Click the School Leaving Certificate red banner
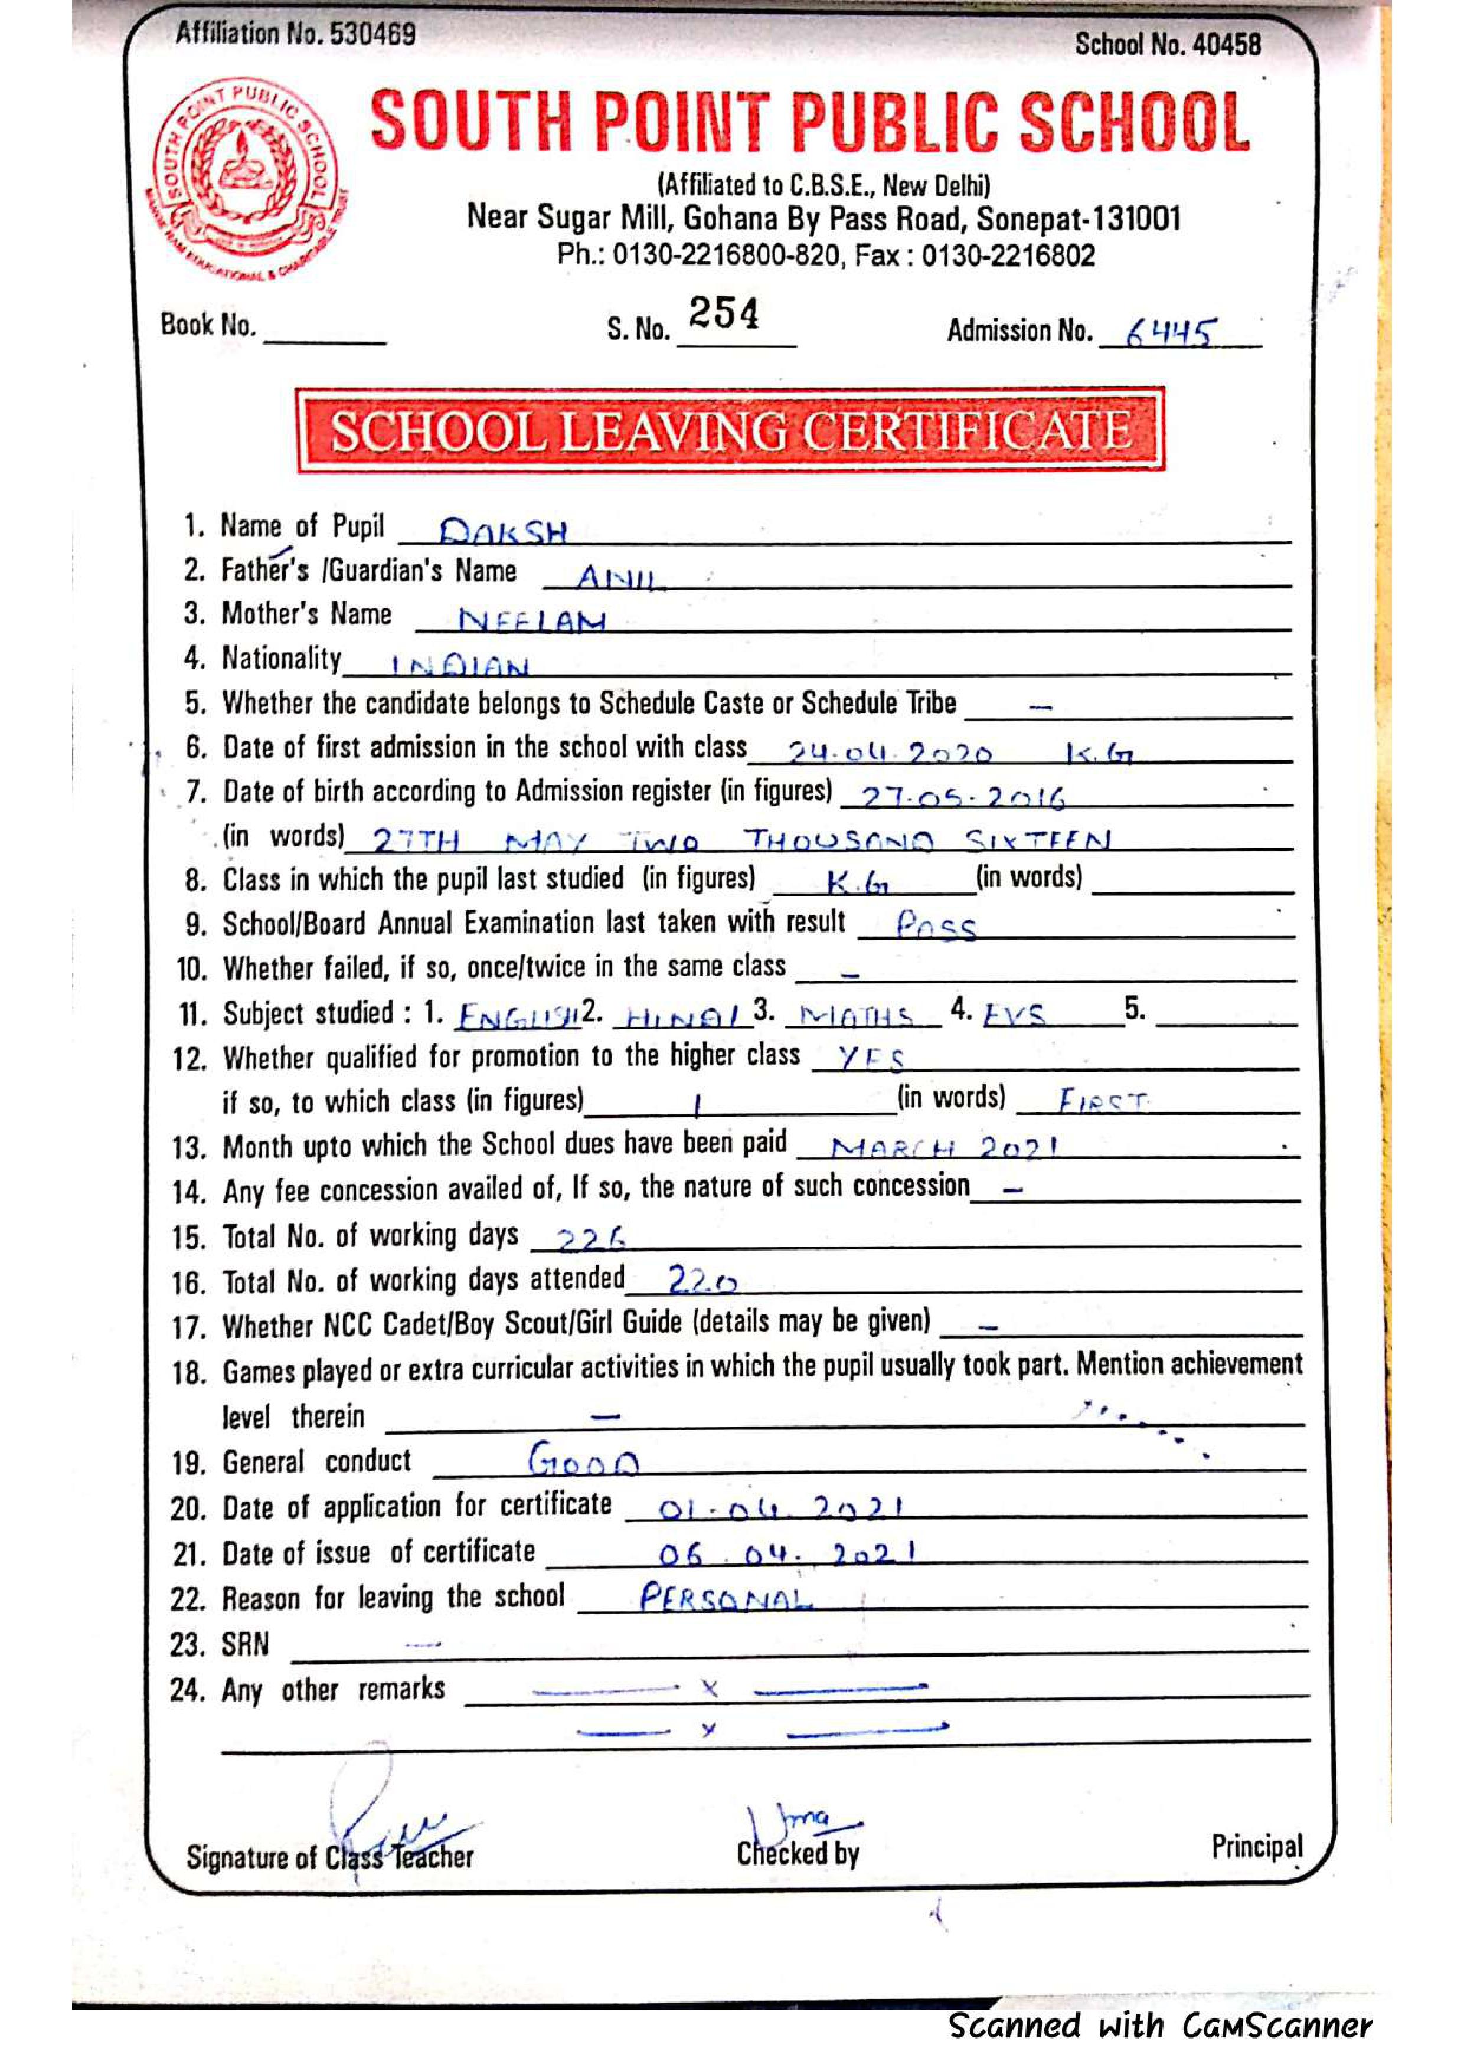coord(731,430)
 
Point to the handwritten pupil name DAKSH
coord(504,531)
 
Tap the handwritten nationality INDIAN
coord(459,666)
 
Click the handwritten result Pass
coord(936,925)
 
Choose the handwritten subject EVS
coord(1015,1016)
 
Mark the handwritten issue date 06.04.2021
coord(786,1554)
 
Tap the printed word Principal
coord(1257,1846)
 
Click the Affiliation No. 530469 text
coord(296,34)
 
